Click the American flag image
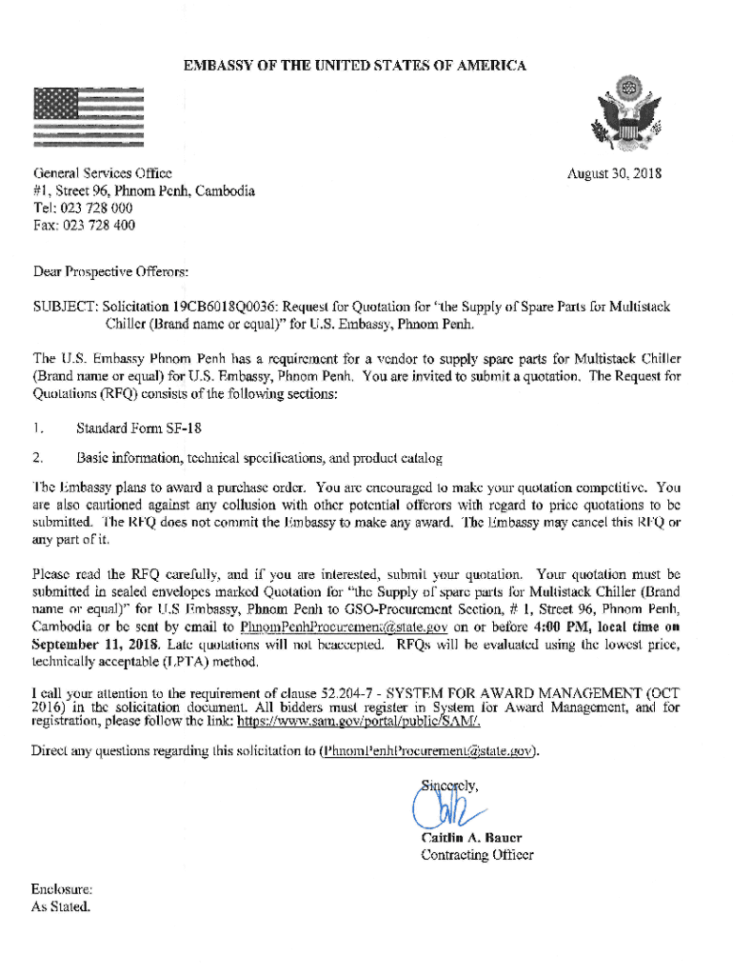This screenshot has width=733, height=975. click(88, 116)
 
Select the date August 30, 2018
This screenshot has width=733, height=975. click(614, 174)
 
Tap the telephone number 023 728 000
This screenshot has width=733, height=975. click(97, 208)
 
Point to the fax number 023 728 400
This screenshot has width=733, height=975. click(98, 226)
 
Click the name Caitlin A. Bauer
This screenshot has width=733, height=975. click(471, 838)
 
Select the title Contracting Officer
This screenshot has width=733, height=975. click(477, 855)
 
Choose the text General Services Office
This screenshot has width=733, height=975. click(102, 173)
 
